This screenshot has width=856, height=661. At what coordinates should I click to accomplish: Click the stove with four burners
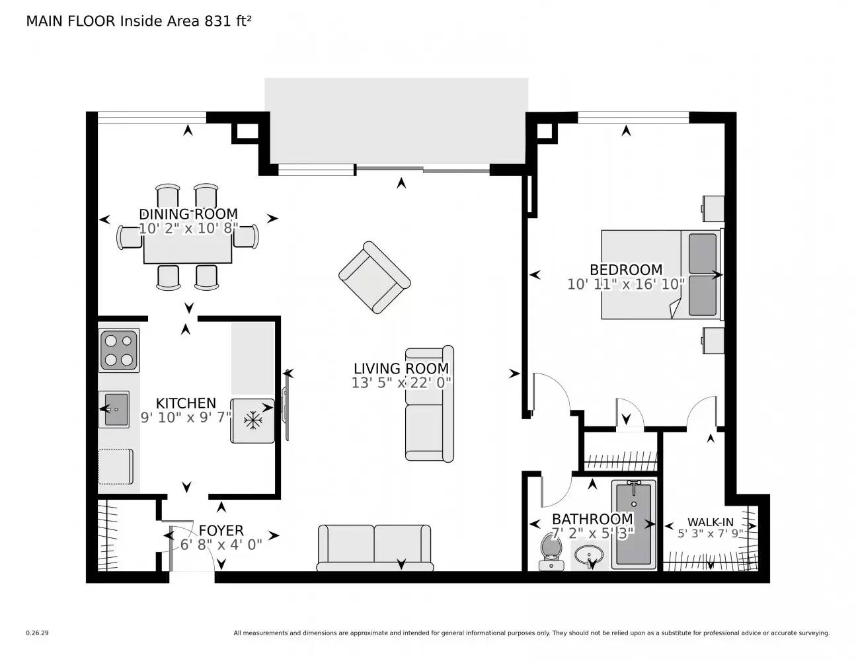coord(119,350)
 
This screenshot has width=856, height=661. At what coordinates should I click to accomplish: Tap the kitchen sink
coord(114,409)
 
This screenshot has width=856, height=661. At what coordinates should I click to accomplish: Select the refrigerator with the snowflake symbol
coord(253,420)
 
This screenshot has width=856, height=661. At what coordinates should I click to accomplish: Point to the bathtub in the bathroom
coord(634,524)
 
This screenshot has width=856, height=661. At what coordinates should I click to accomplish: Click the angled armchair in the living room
coord(374,278)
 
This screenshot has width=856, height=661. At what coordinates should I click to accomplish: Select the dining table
coord(188,248)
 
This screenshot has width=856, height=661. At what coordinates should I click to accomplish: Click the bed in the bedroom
coord(660,274)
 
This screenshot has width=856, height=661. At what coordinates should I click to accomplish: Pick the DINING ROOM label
coord(188,214)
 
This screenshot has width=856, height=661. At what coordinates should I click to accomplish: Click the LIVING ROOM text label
coord(401,369)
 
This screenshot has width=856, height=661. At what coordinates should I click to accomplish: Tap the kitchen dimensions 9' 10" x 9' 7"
coord(186,418)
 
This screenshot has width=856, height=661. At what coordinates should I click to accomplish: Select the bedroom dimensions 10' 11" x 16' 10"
coord(626,284)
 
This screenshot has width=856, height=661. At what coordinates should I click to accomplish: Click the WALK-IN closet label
coord(710,522)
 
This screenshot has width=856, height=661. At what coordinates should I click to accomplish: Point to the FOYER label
coord(221,531)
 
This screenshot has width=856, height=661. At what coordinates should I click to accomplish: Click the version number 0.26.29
coord(37,633)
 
